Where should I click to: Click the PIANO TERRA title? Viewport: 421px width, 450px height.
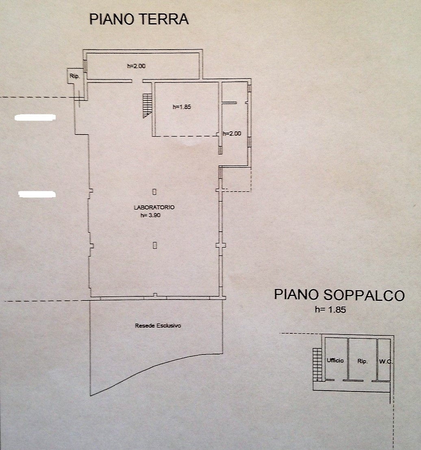139,19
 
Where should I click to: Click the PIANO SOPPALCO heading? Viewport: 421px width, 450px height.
339,295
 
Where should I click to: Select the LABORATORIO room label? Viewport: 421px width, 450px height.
154,207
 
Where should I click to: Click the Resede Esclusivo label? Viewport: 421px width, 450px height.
158,326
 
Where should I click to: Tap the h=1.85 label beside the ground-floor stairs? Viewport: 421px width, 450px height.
182,107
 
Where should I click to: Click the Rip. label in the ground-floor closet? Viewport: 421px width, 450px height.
74,76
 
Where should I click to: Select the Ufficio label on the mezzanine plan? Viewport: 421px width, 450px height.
335,361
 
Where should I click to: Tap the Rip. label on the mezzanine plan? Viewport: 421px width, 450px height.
362,361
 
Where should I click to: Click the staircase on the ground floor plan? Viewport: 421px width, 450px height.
148,105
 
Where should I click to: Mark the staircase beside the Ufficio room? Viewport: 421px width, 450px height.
317,364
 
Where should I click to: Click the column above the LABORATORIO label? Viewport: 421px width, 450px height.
154,191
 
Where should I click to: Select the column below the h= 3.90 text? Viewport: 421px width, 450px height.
154,245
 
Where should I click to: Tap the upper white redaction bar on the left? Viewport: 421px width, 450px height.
35,118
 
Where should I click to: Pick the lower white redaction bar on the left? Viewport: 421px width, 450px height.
37,194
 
